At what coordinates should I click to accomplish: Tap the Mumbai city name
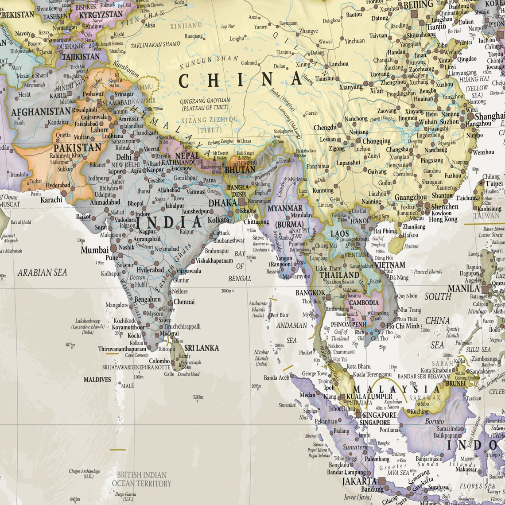click(x=95, y=250)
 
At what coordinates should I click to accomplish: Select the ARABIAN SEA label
click(x=42, y=272)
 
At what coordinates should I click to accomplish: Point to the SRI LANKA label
click(x=202, y=348)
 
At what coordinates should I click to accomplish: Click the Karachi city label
click(x=51, y=200)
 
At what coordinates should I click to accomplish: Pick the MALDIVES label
click(x=97, y=380)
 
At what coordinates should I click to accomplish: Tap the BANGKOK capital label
click(x=310, y=293)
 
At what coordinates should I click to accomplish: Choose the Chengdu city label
click(x=325, y=128)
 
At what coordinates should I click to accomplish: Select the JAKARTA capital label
click(x=359, y=481)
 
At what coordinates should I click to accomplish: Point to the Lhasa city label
click(x=245, y=141)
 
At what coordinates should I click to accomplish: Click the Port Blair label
click(x=280, y=315)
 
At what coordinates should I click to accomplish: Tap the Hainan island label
click(x=412, y=246)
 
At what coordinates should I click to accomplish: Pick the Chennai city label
click(x=184, y=302)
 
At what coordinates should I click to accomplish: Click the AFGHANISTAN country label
click(x=41, y=112)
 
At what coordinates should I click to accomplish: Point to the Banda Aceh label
click(x=276, y=377)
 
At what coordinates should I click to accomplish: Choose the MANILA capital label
click(x=463, y=288)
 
